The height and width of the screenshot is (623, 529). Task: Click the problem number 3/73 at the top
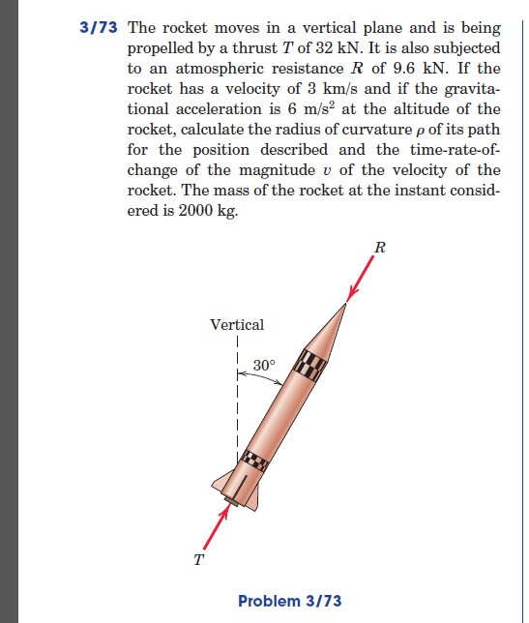coord(99,28)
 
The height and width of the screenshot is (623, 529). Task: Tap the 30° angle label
coord(265,366)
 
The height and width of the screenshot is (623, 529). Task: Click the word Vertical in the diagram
coord(237,325)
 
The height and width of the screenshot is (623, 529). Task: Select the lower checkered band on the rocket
coord(253,460)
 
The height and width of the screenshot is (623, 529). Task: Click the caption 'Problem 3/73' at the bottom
coord(289,601)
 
